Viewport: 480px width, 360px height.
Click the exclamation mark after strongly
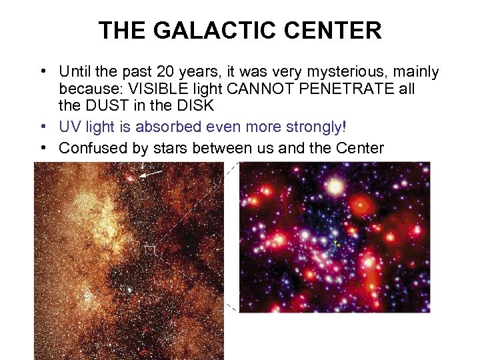(344, 127)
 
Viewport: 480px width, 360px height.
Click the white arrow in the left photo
(152, 173)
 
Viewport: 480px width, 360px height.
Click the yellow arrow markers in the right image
(337, 243)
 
